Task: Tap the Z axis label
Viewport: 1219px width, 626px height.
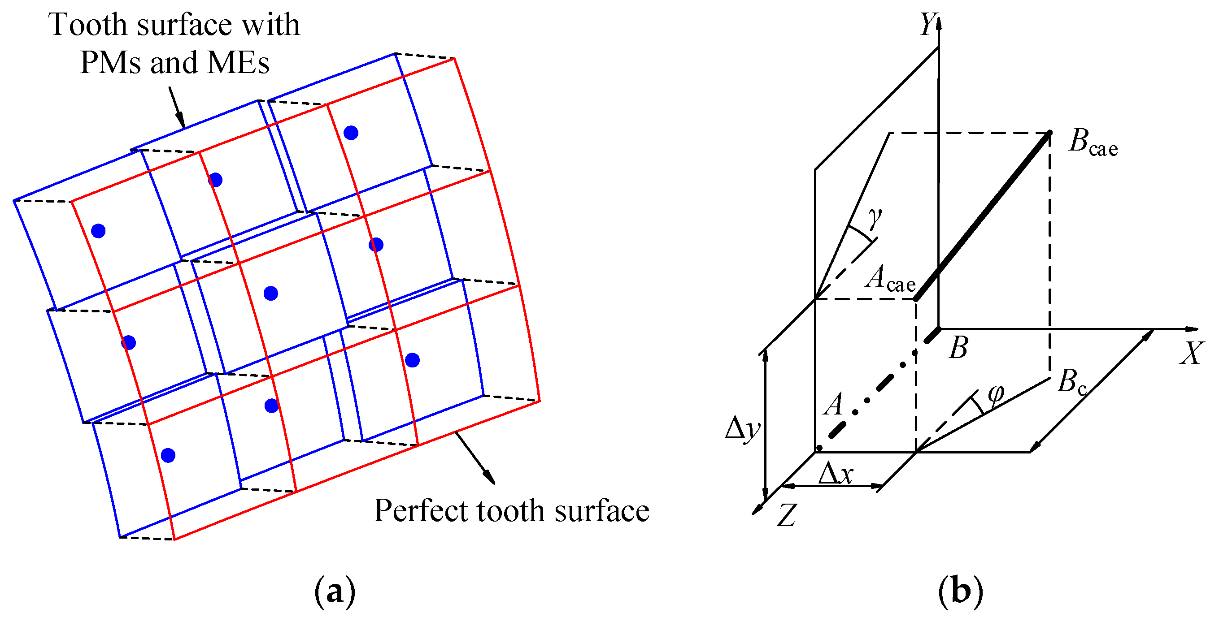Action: (x=787, y=515)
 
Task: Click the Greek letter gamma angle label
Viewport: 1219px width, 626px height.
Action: (x=875, y=217)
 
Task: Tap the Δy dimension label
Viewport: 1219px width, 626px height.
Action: (x=742, y=428)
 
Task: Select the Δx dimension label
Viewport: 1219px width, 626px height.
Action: (x=836, y=474)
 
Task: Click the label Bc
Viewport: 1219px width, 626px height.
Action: (x=1072, y=382)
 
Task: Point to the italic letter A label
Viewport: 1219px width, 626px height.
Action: (x=834, y=405)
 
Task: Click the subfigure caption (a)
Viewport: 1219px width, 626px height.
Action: (x=335, y=591)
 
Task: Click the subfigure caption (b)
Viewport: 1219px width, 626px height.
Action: (x=960, y=591)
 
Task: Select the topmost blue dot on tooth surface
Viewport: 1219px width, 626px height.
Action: (x=351, y=133)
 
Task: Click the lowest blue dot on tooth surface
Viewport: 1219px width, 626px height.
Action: (x=168, y=455)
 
